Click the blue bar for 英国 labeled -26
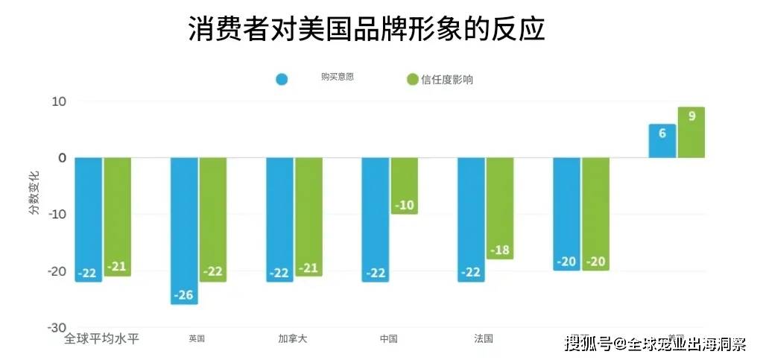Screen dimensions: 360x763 pos(184,230)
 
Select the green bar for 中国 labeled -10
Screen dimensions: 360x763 pos(404,186)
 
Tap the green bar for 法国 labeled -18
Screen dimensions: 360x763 pos(500,208)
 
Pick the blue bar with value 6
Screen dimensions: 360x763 pos(662,141)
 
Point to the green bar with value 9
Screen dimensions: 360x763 pos(691,133)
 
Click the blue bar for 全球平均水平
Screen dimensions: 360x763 pos(89,219)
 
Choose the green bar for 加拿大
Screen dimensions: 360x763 pos(308,217)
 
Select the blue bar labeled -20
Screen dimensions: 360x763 pos(566,214)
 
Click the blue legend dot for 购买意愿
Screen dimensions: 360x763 pos(282,79)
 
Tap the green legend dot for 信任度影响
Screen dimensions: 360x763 pos(412,79)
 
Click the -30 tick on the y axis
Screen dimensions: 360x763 pos(55,328)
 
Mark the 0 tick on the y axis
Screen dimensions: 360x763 pos(62,158)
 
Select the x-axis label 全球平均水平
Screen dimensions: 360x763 pos(102,338)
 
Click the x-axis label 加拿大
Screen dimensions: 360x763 pos(292,338)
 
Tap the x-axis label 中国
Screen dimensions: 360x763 pos(388,338)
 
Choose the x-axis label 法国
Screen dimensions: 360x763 pos(484,338)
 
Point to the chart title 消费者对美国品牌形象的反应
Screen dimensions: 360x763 pos(366,30)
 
